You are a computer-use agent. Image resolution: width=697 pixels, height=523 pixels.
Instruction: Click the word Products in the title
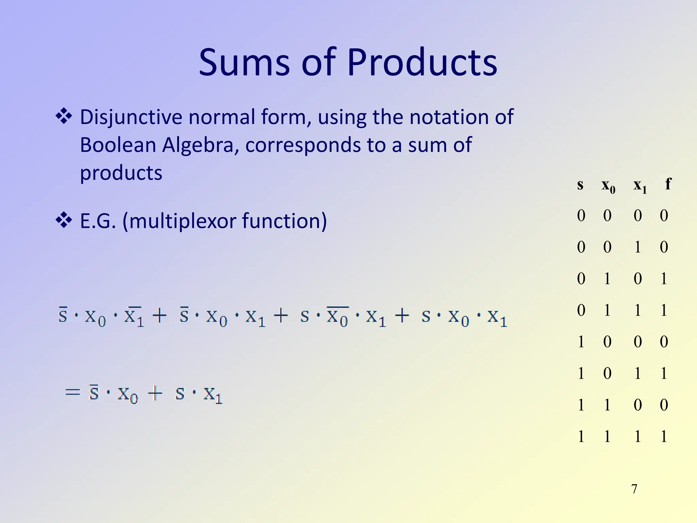pyautogui.click(x=422, y=62)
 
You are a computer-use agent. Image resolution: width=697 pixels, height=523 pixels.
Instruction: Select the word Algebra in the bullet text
pyautogui.click(x=198, y=145)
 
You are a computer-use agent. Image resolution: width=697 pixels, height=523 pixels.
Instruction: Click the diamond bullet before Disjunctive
pyautogui.click(x=64, y=116)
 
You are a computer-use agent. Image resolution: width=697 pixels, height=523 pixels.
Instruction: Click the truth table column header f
pyautogui.click(x=668, y=184)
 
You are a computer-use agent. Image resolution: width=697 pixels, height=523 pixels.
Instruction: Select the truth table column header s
pyautogui.click(x=580, y=185)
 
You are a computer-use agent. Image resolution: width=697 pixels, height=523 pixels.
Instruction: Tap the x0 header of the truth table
pyautogui.click(x=608, y=186)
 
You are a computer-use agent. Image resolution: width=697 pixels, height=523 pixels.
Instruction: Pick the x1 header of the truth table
pyautogui.click(x=640, y=186)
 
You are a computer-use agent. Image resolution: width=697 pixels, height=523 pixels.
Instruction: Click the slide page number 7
pyautogui.click(x=634, y=489)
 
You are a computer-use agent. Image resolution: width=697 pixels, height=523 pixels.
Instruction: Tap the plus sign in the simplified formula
pyautogui.click(x=155, y=394)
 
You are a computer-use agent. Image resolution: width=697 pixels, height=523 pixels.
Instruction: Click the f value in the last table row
pyautogui.click(x=664, y=436)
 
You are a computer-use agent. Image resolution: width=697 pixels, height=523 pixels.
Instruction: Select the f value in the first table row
pyautogui.click(x=664, y=216)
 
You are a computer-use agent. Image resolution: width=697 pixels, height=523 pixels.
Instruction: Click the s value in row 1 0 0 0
pyautogui.click(x=581, y=342)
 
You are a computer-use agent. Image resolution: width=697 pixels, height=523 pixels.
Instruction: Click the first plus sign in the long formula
pyautogui.click(x=159, y=316)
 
